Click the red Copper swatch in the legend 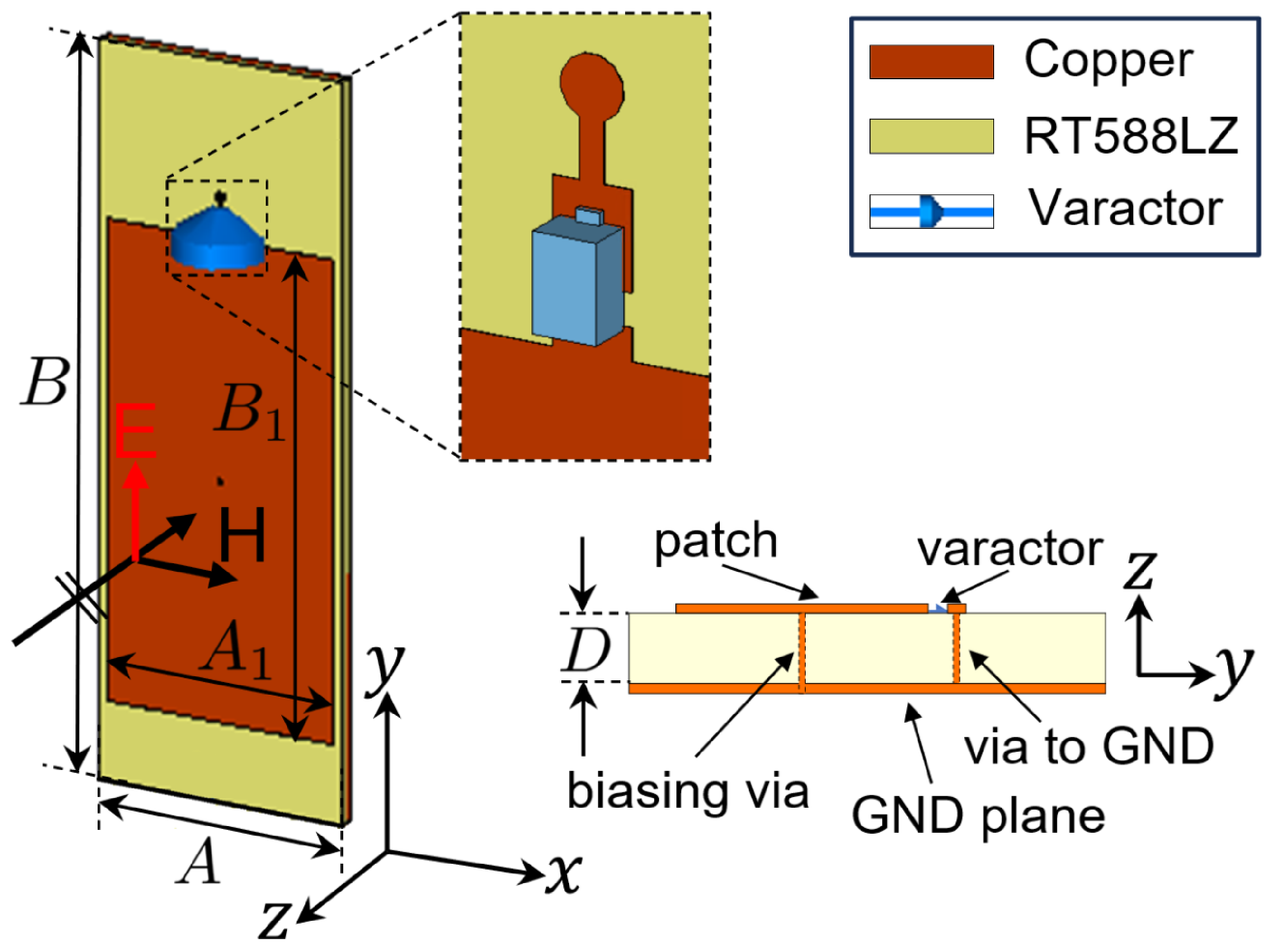click(x=931, y=62)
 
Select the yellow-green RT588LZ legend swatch click(x=931, y=136)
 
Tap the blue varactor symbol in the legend click(x=931, y=211)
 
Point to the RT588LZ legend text click(x=1130, y=136)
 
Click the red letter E click(x=135, y=432)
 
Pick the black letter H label click(x=242, y=536)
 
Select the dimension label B click(x=44, y=382)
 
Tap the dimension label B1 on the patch click(x=250, y=411)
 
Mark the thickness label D click(x=585, y=650)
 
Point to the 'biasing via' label click(x=687, y=791)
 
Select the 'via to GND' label click(x=1089, y=747)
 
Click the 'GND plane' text click(x=978, y=816)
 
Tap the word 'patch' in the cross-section click(x=716, y=542)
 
